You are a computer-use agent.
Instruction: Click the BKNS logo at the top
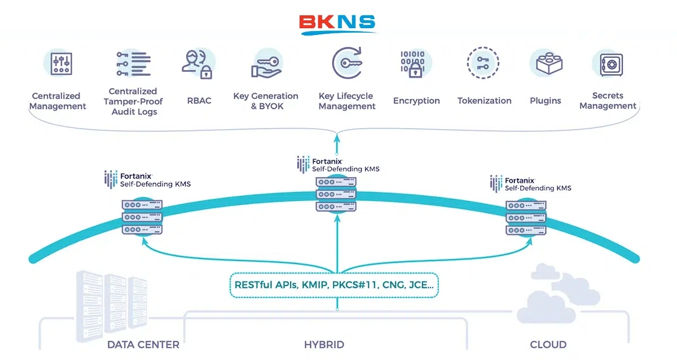click(x=337, y=25)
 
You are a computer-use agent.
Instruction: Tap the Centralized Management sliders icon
click(x=61, y=63)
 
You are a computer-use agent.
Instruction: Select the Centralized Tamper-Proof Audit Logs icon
click(x=133, y=64)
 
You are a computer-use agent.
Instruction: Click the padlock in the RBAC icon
click(x=206, y=72)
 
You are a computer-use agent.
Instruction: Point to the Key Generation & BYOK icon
click(x=266, y=65)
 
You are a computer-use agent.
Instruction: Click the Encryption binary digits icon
click(x=413, y=64)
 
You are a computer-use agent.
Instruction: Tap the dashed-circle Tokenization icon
click(x=483, y=63)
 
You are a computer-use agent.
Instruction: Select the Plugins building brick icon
click(x=548, y=63)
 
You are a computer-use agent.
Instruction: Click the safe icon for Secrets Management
click(x=611, y=65)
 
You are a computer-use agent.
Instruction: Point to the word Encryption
click(x=416, y=100)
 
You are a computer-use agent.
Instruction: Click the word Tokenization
click(x=484, y=100)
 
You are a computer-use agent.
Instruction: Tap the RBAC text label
click(x=199, y=100)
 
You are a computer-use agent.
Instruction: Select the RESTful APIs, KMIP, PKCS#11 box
click(x=334, y=285)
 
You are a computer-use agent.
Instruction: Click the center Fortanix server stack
click(x=336, y=194)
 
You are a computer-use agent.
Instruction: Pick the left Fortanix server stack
click(x=142, y=217)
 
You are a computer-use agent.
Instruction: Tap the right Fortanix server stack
click(x=526, y=218)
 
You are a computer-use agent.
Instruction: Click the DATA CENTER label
click(x=143, y=345)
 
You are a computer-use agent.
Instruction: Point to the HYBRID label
click(x=324, y=345)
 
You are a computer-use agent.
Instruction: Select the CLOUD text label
click(x=548, y=345)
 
